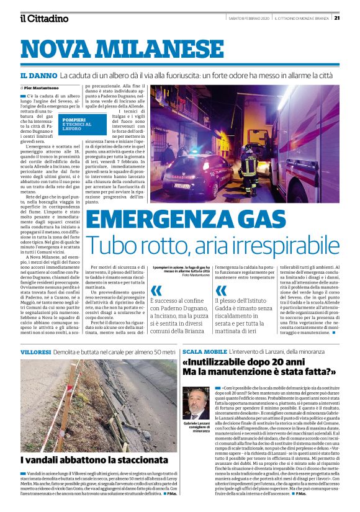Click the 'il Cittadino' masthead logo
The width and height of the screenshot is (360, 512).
44,18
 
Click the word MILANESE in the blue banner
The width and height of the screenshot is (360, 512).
155,48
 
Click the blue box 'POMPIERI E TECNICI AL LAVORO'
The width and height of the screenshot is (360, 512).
75,124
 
